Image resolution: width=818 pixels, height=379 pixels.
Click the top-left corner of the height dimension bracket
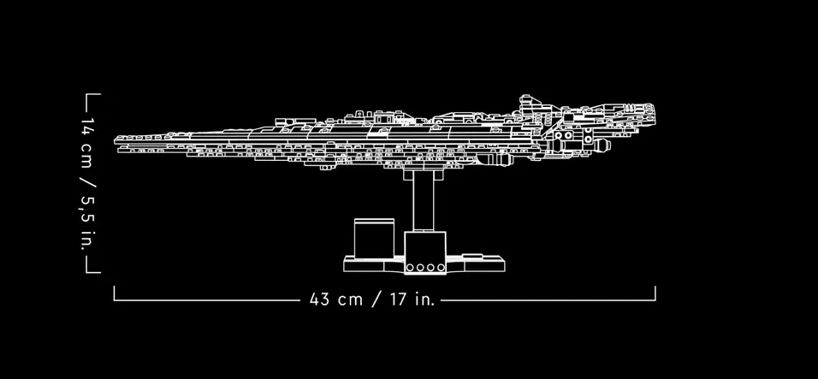pyautogui.click(x=86, y=94)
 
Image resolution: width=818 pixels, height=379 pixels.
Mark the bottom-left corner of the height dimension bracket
pyautogui.click(x=86, y=272)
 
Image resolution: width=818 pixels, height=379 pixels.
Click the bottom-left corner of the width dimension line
pyautogui.click(x=115, y=300)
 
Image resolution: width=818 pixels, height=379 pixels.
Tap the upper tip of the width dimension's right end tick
pyautogui.click(x=655, y=287)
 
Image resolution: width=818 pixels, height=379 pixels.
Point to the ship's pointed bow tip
pyautogui.click(x=115, y=140)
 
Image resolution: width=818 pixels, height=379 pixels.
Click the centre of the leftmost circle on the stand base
pyautogui.click(x=410, y=268)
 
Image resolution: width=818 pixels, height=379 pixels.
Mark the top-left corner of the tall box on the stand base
pyautogui.click(x=354, y=219)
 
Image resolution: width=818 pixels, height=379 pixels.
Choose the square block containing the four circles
pyautogui.click(x=425, y=253)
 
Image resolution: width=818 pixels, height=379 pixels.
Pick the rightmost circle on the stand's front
pyautogui.click(x=441, y=268)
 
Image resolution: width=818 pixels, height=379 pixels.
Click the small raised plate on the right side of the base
pyautogui.click(x=472, y=256)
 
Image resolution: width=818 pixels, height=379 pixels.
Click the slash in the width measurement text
pyautogui.click(x=377, y=299)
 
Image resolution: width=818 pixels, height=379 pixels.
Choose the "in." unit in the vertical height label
pyautogui.click(x=87, y=240)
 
